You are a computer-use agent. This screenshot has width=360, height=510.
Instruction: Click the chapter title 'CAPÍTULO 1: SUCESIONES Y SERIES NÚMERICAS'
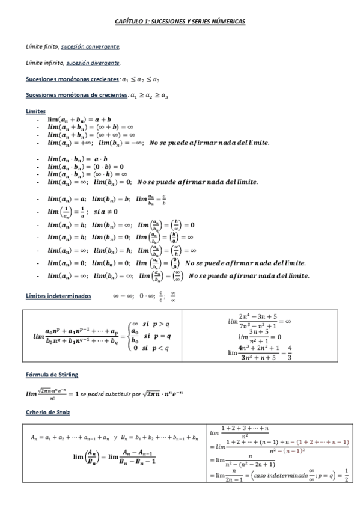point(180,21)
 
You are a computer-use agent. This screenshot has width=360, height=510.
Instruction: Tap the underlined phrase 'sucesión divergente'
point(93,63)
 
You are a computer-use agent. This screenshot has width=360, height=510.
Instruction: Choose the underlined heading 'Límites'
point(35,111)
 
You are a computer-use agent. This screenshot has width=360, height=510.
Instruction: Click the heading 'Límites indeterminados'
point(59,296)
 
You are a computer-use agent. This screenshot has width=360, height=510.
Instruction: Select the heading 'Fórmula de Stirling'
point(52,375)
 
